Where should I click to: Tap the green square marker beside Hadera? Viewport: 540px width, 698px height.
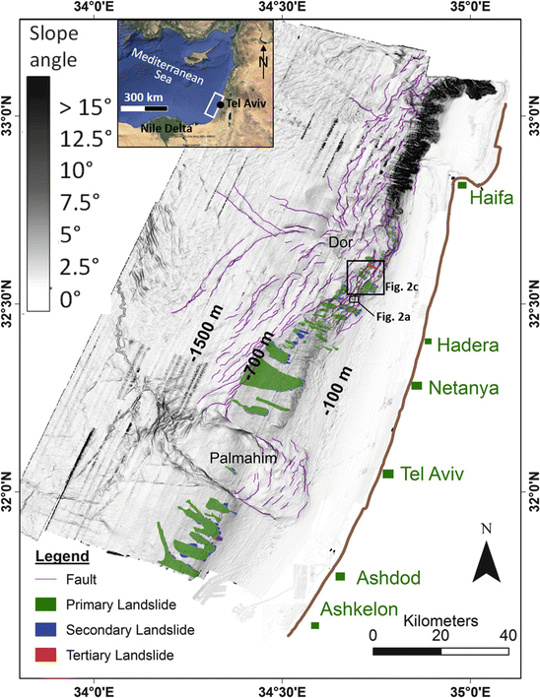coord(428,342)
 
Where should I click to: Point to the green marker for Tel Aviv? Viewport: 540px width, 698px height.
coord(388,474)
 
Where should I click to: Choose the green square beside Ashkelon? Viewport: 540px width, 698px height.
coord(315,625)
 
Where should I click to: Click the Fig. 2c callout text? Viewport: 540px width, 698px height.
coord(402,286)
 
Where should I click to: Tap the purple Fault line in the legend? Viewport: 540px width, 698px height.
coord(36,578)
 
